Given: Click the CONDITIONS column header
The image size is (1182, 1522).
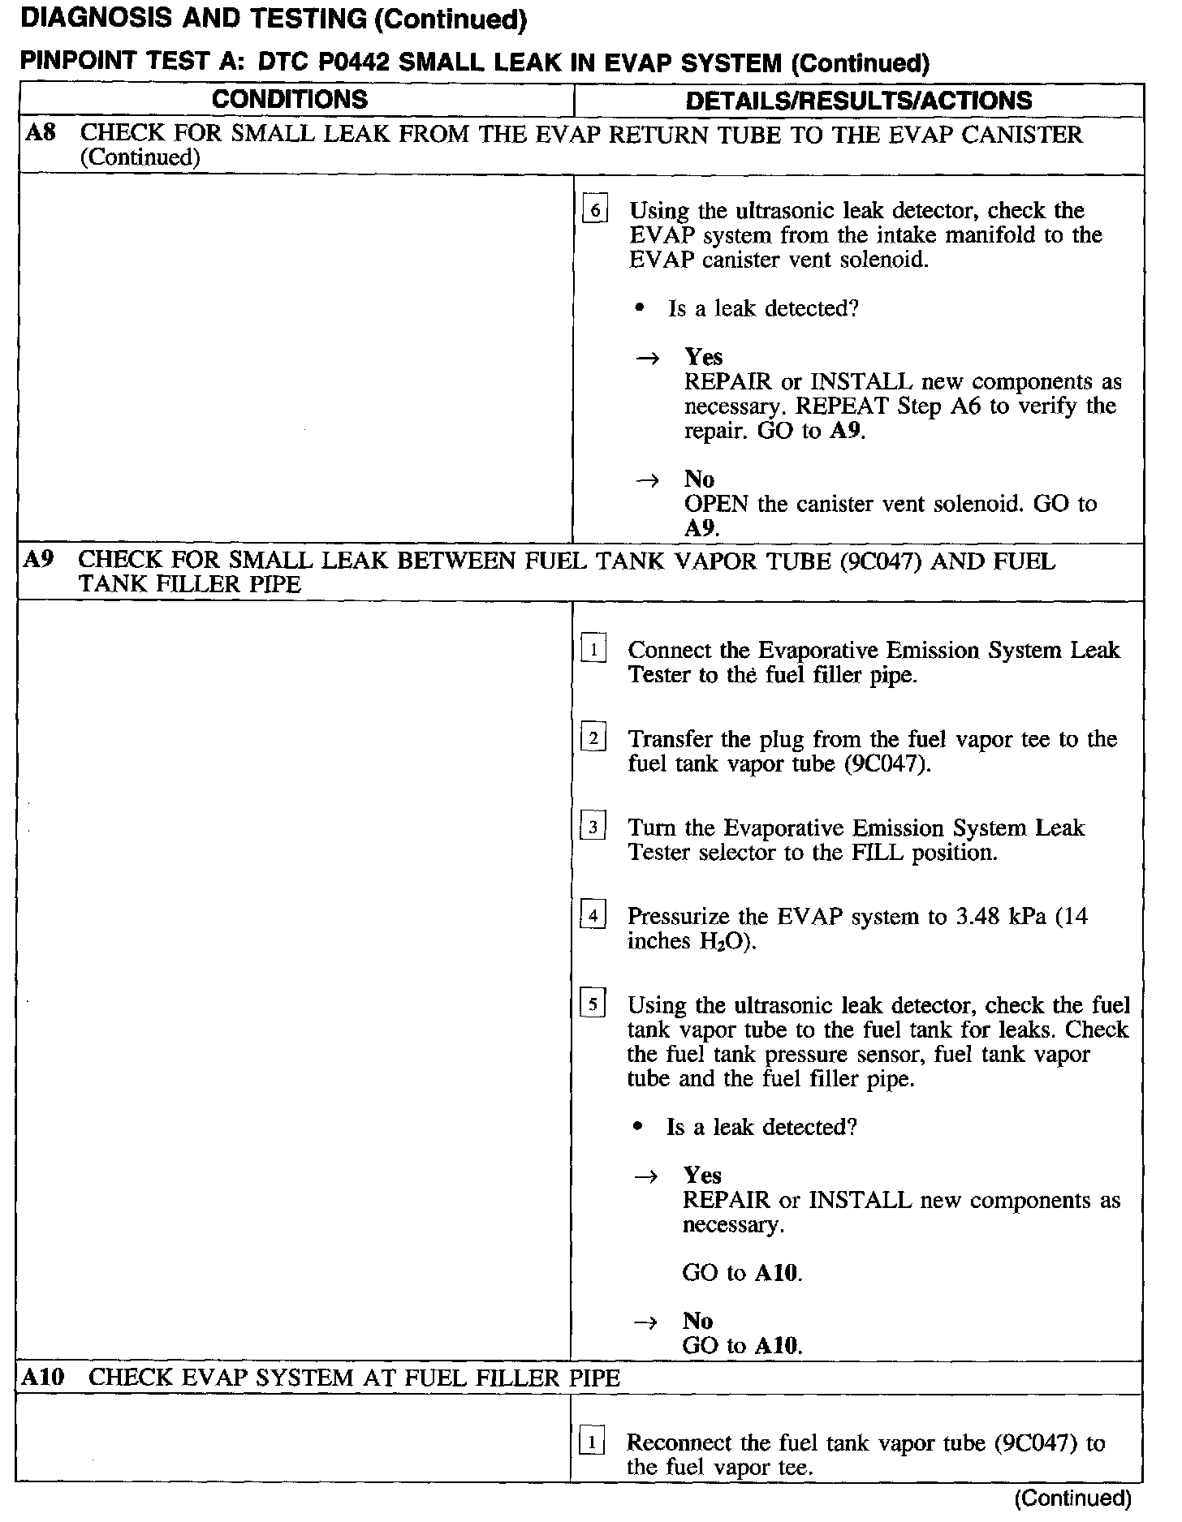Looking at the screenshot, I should coord(290,100).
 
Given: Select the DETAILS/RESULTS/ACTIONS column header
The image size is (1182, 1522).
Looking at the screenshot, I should coord(859,101).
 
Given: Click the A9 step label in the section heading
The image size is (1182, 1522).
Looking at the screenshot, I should coord(38,560).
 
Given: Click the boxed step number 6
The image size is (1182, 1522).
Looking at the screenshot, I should coord(595,211).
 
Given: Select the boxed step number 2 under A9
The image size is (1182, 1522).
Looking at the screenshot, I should coord(593,739).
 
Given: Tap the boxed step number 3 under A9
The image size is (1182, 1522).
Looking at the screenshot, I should coord(593,828).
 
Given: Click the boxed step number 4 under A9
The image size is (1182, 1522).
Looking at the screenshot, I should coord(593,917).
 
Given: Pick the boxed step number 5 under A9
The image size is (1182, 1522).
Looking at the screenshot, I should coord(593,1005).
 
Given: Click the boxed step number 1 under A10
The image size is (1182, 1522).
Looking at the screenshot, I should coord(593,1444).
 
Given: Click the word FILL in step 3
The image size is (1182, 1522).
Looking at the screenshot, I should coord(878,853).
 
